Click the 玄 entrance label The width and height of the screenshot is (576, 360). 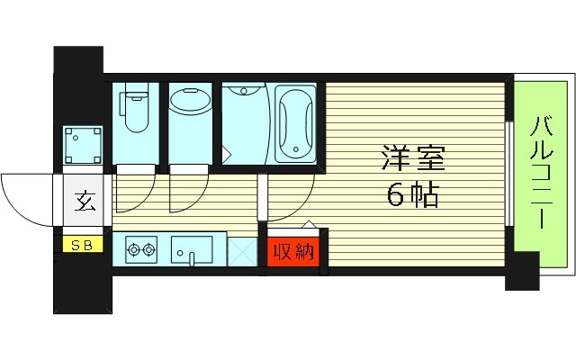(x=81, y=201)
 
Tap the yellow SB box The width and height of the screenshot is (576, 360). (x=82, y=244)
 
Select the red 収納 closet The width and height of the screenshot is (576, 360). (x=293, y=251)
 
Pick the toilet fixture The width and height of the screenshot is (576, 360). (x=136, y=107)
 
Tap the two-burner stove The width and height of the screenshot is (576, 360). (x=140, y=248)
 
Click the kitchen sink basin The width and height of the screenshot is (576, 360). (x=191, y=248)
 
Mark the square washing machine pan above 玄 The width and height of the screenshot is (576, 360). (x=83, y=147)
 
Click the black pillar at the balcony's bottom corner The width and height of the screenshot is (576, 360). (x=521, y=274)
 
